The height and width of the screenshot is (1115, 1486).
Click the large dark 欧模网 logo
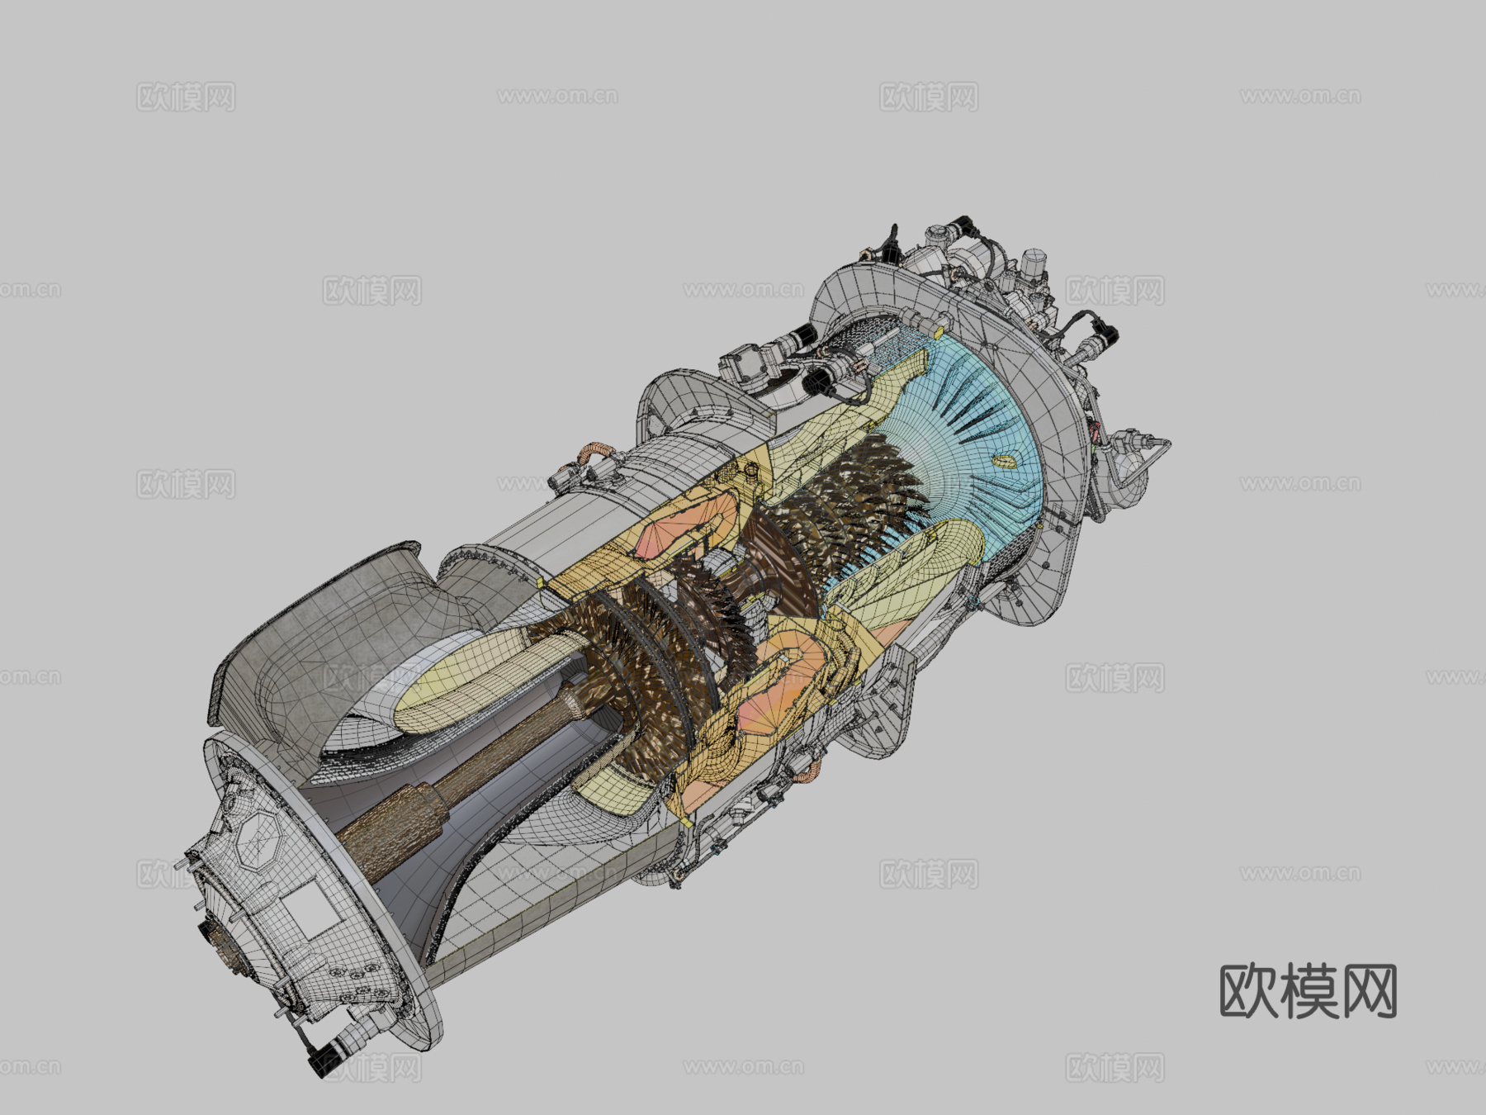point(1308,991)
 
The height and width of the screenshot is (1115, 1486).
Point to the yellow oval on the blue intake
point(1005,461)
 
